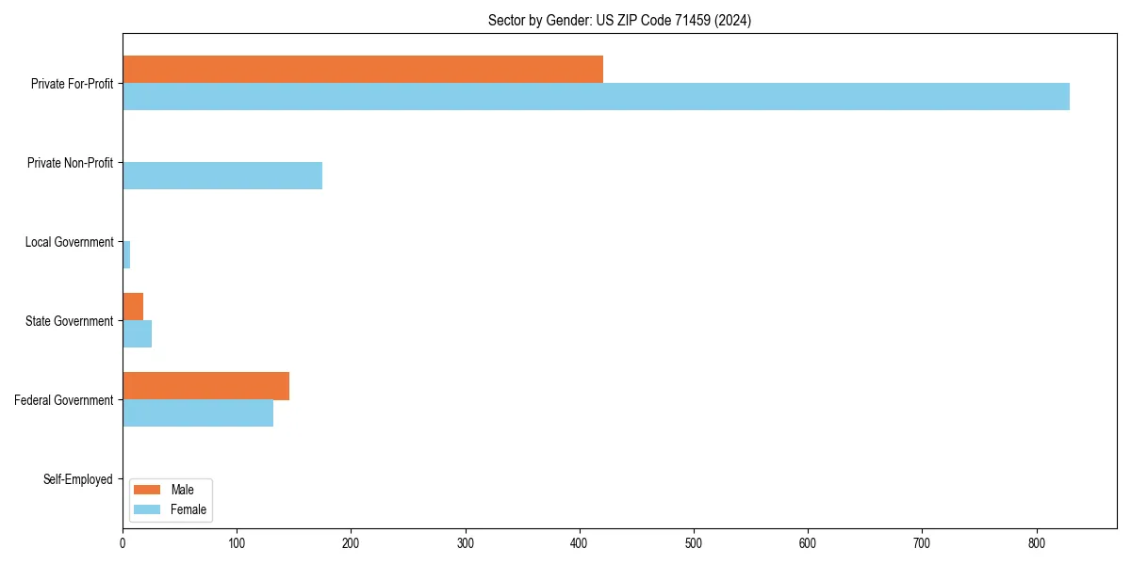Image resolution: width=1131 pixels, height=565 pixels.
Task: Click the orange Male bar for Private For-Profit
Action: coord(363,70)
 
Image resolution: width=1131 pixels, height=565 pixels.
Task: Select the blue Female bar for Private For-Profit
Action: coord(596,97)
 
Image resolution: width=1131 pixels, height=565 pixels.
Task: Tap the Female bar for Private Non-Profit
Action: coord(222,176)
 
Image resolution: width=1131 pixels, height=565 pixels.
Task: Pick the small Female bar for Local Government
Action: coord(126,255)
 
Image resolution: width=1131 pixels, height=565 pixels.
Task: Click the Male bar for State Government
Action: coord(133,307)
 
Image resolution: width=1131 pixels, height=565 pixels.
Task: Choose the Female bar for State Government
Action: coord(137,334)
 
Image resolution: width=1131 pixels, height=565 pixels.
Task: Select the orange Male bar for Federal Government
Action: coord(205,386)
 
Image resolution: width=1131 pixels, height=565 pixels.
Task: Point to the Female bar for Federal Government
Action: coord(198,413)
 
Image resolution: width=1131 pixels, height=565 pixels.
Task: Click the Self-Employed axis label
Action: coord(78,479)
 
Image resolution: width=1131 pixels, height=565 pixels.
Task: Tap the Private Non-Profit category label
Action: coord(70,163)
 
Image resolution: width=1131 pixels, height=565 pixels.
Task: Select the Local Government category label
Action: coord(69,242)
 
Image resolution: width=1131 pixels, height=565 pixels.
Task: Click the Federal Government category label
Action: coord(64,400)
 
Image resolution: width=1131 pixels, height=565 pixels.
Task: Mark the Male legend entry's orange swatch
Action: coord(147,490)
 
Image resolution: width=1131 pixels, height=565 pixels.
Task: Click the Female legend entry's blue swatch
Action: coord(147,509)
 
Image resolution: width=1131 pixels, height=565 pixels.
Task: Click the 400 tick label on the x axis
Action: coord(580,543)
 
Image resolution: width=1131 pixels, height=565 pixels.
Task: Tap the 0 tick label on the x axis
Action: coord(123,543)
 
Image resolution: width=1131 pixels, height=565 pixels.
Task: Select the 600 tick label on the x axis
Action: coord(808,543)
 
